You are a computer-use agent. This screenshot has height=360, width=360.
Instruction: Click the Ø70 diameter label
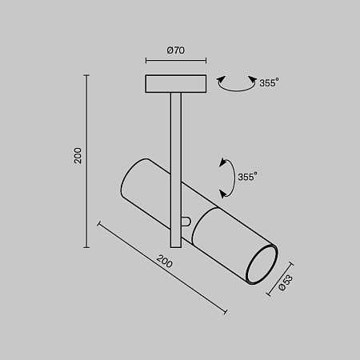point(176,50)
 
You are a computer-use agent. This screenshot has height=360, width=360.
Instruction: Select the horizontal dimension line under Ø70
point(176,61)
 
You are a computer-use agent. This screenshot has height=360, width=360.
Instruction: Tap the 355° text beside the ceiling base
point(270,82)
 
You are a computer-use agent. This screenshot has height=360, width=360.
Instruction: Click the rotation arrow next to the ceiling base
point(233,83)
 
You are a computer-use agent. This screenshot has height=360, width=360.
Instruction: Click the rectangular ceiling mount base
point(176,83)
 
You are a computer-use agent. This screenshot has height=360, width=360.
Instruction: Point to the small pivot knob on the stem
point(186,222)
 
